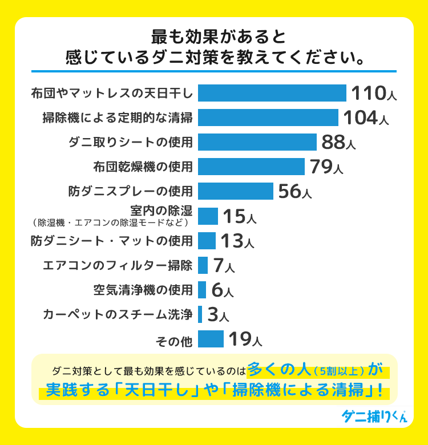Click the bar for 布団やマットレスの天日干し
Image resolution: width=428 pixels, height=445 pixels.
[x=272, y=93]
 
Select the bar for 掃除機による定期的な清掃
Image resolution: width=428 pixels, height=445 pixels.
[x=268, y=118]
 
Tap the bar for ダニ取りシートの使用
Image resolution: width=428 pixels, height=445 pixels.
[x=257, y=142]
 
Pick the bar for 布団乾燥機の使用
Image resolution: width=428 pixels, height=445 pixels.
[x=251, y=167]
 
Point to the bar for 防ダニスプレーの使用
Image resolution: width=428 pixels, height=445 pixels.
[x=236, y=191]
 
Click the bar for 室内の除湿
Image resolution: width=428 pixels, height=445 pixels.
[x=208, y=216]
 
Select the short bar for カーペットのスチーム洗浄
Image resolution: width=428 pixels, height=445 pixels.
[x=200, y=314]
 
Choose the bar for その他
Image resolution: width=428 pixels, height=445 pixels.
[x=211, y=339]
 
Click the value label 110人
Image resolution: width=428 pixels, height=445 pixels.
[x=373, y=94]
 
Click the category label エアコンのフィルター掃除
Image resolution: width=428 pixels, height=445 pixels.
[x=118, y=265]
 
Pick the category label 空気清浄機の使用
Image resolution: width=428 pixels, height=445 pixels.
[x=143, y=290]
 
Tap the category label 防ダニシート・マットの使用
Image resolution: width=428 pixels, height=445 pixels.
[x=112, y=241]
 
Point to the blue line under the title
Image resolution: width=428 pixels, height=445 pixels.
[x=214, y=71]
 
